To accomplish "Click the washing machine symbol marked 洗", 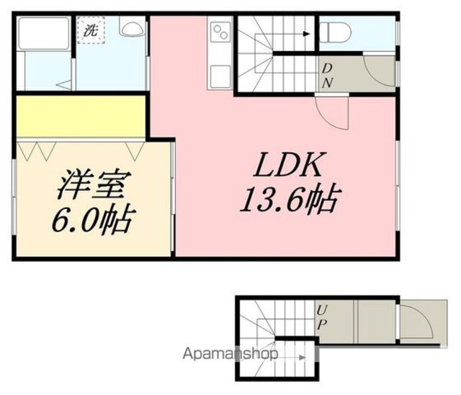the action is [91, 30].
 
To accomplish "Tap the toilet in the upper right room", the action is [335, 32].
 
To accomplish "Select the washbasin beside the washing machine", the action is [132, 26].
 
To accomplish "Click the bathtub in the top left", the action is [43, 33].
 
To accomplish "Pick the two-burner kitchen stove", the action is [220, 32].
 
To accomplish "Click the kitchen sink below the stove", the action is [220, 76].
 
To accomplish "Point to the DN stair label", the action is [327, 76].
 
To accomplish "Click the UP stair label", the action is [322, 317].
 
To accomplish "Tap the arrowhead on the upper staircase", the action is [307, 34].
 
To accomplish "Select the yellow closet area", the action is [81, 116].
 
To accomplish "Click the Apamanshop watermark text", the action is [230, 354].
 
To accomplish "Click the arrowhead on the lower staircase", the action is [303, 358].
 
